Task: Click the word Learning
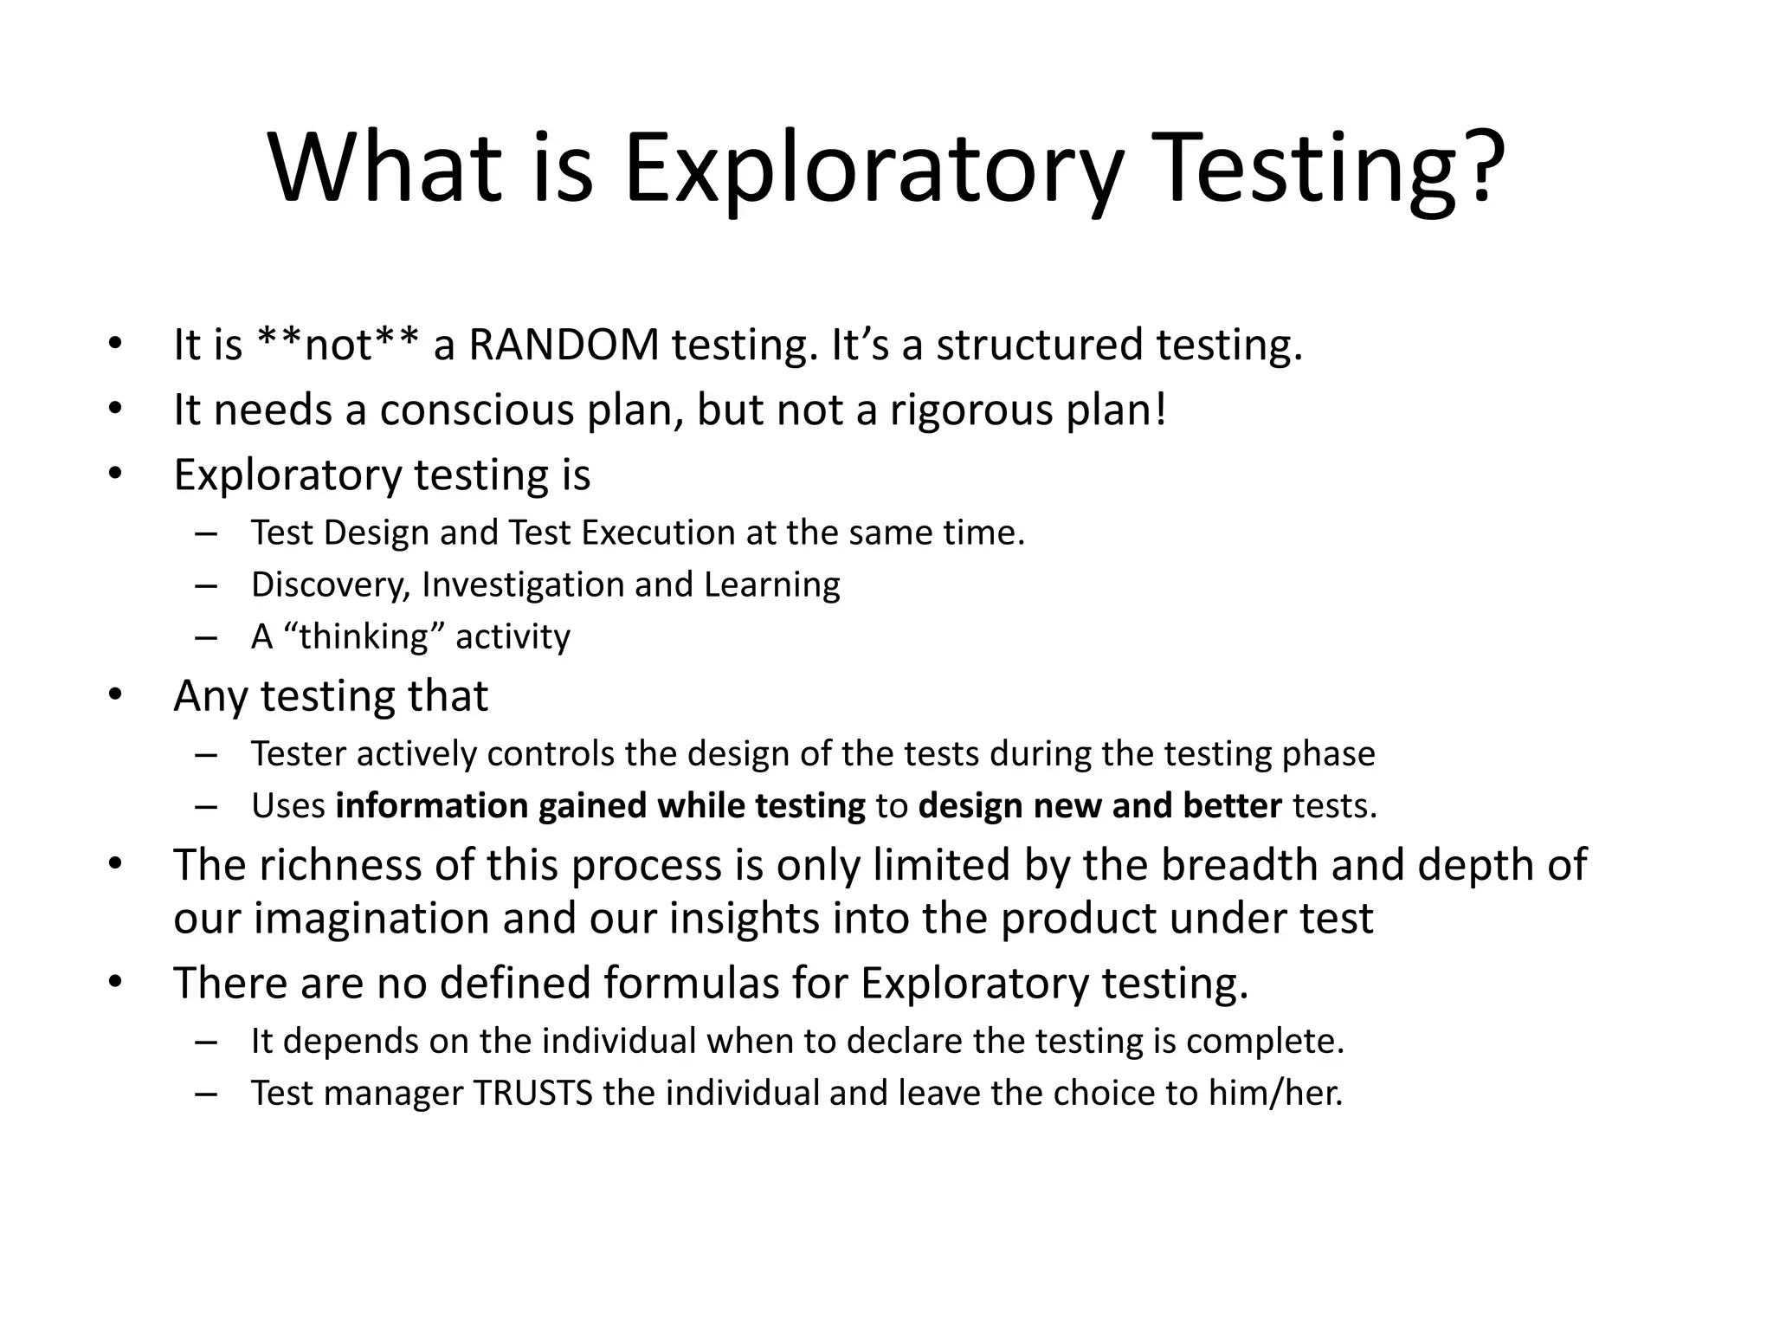click(771, 584)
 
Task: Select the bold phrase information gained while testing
click(600, 806)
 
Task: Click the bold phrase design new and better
click(1099, 806)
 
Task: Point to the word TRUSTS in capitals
click(532, 1093)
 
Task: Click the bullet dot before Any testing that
click(116, 695)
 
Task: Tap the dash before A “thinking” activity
click(206, 637)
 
